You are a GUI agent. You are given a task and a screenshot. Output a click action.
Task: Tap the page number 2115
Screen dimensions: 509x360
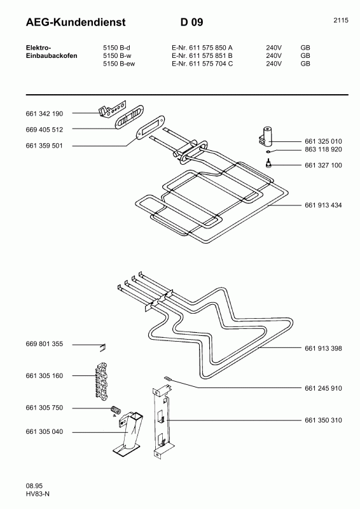[x=340, y=20]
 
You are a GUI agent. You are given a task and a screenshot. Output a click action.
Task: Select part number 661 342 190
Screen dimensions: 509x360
[x=45, y=113]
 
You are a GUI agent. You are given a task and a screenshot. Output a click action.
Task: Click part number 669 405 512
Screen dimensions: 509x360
[x=45, y=129]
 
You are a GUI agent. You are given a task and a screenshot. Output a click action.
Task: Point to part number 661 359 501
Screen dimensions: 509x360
[x=45, y=146]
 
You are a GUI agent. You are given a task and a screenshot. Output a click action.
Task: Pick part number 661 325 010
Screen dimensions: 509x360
[x=323, y=141]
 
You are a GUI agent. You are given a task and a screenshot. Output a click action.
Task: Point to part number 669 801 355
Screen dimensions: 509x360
[x=45, y=344]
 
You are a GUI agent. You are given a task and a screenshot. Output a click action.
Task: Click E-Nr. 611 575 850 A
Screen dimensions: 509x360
[x=202, y=48]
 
